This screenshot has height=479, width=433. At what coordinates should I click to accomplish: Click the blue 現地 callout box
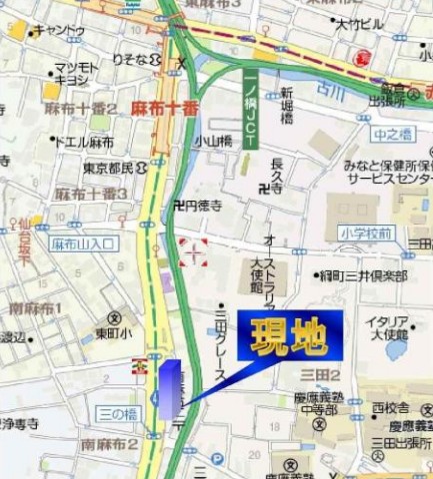click(x=289, y=336)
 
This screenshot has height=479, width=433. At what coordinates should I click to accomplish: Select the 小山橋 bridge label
click(x=213, y=142)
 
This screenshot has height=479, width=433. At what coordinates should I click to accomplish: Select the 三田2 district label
click(x=320, y=375)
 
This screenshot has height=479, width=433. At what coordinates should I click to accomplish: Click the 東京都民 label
click(x=108, y=169)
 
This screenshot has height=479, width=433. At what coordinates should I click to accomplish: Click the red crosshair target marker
click(x=192, y=252)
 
